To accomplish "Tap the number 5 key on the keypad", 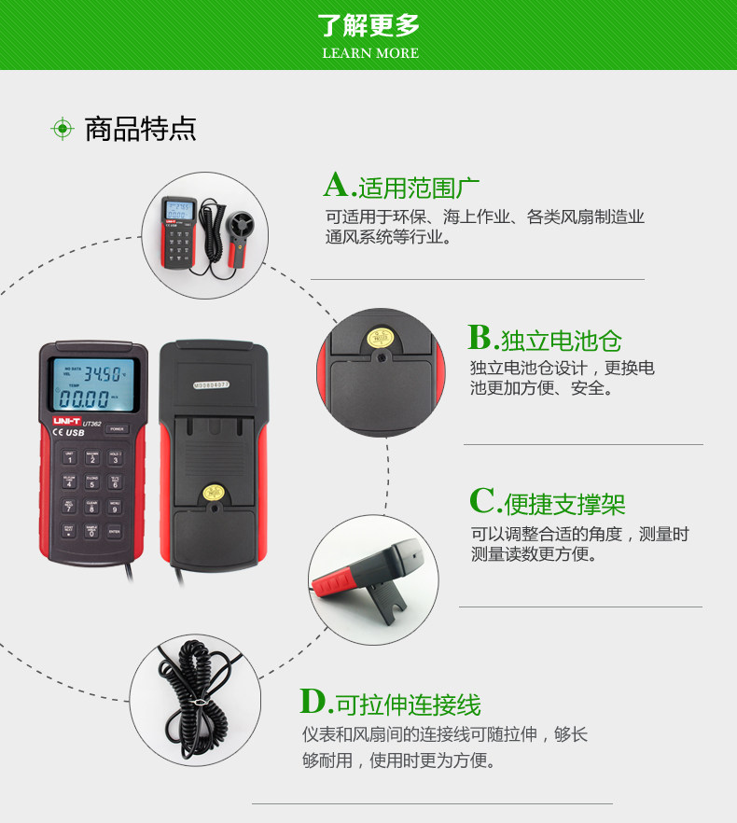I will click(92, 482).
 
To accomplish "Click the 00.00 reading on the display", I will click(84, 400).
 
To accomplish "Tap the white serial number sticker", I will click(211, 383).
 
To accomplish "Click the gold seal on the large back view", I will click(213, 493).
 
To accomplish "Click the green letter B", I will click(480, 337).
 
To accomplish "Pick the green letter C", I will click(483, 501).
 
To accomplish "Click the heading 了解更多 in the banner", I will click(368, 25).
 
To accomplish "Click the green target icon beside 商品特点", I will click(62, 129).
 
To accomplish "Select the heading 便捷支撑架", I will click(564, 505).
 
